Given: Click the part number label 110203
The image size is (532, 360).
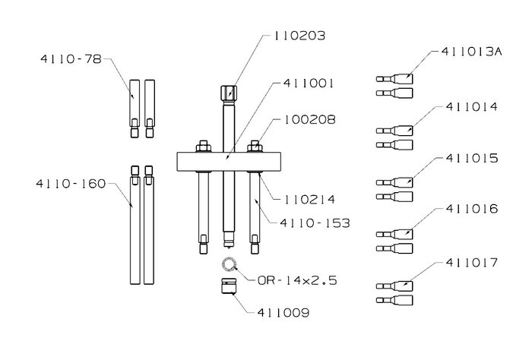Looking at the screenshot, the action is pos(299,36).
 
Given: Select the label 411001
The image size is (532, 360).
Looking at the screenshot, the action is pos(309,83).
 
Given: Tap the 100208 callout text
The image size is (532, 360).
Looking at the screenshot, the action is pos(309,119).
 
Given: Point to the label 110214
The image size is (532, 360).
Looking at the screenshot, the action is pos(309,199).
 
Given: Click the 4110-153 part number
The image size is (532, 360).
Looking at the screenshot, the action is pos(315,223).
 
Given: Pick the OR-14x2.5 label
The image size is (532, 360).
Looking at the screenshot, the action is pos(297,281).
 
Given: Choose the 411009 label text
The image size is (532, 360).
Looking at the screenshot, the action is pos(283,312).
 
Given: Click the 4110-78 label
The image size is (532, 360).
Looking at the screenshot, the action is pos(71,59).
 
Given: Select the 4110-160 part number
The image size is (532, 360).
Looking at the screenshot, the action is pos(71,184).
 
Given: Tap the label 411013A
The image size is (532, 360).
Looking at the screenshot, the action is pos(472,52).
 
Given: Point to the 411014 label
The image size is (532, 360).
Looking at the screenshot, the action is pos(472,107).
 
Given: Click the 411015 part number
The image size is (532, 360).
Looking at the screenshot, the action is pos(472,158).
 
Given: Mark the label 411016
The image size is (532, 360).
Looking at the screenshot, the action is pos(472,209).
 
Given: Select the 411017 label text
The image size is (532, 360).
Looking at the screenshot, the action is pos(472,262).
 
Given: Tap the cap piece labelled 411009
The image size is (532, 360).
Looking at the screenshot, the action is pos(228,286).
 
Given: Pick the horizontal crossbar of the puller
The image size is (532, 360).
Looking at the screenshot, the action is pos(229,162).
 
